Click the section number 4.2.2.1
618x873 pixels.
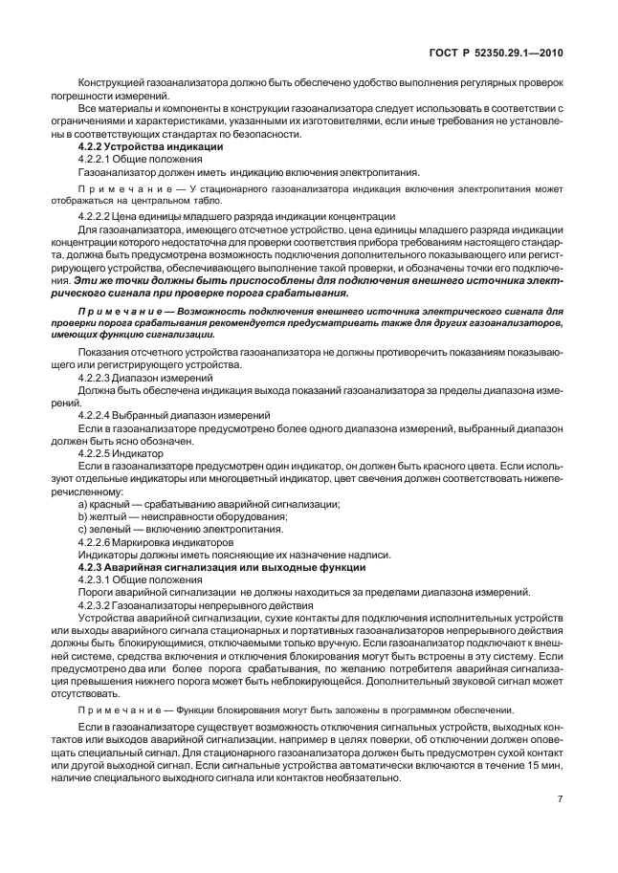(96, 161)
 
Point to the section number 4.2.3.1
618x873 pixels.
(96, 579)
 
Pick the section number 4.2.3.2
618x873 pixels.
(96, 604)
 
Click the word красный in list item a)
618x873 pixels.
(111, 504)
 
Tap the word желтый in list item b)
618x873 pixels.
(111, 516)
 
